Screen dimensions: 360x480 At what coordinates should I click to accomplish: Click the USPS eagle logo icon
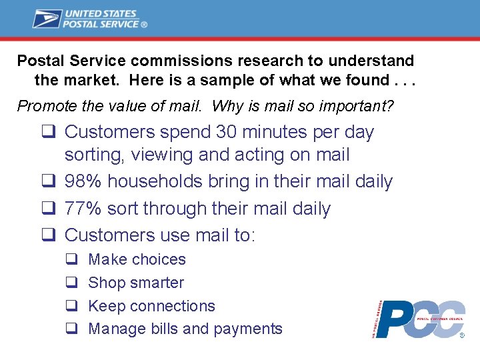click(47, 18)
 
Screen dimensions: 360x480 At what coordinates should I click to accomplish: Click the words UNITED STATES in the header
click(99, 13)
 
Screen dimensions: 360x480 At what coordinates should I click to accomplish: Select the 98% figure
click(84, 181)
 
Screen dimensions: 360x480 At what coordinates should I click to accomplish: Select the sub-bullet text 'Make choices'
click(137, 259)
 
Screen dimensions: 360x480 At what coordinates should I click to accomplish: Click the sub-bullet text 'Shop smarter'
click(135, 283)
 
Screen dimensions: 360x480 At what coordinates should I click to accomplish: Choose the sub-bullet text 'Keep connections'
click(151, 306)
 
